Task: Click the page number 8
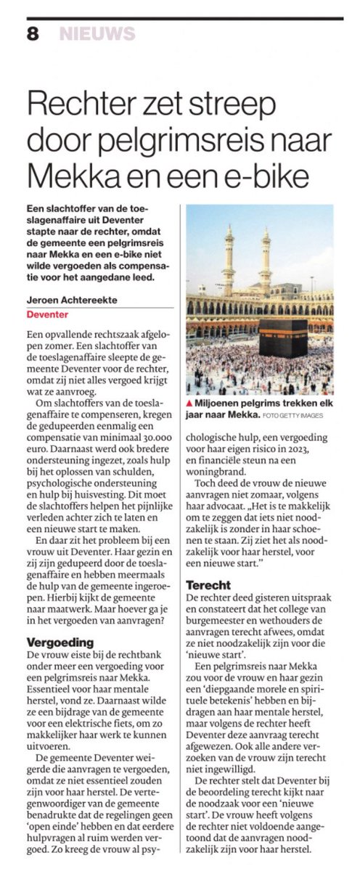click(33, 33)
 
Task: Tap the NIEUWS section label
click(97, 33)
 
